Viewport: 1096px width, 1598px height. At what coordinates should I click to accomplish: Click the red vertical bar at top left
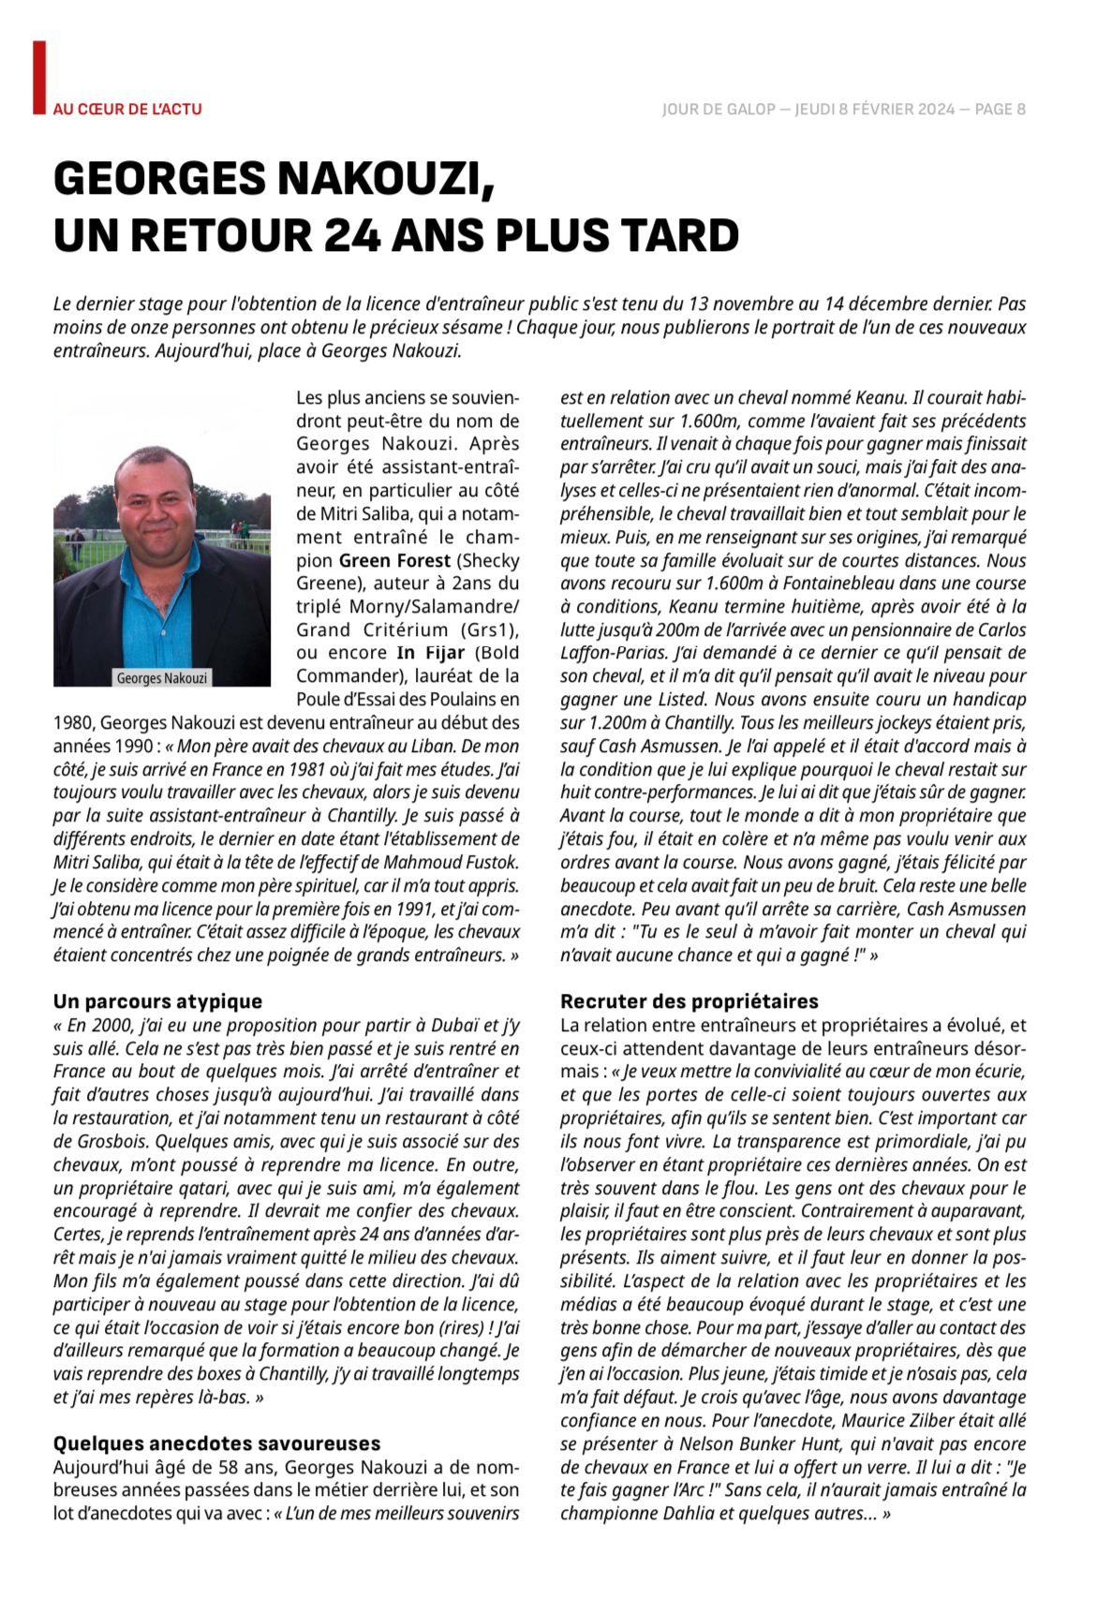(38, 78)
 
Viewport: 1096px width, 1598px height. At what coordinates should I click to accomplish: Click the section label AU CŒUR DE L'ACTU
(127, 110)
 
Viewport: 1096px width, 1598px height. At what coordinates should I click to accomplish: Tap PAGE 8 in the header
(1000, 110)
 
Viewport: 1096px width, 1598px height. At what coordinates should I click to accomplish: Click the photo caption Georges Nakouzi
(161, 678)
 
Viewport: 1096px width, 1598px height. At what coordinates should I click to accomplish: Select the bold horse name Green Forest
(394, 560)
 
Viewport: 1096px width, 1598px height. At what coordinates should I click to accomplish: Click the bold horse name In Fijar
(430, 653)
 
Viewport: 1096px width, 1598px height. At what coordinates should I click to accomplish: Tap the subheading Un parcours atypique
(157, 1001)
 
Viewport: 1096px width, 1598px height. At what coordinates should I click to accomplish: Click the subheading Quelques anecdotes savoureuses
(216, 1443)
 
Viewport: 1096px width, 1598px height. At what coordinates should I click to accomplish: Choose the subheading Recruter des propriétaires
(689, 1001)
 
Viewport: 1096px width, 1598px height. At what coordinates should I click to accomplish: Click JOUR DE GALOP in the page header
(718, 110)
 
